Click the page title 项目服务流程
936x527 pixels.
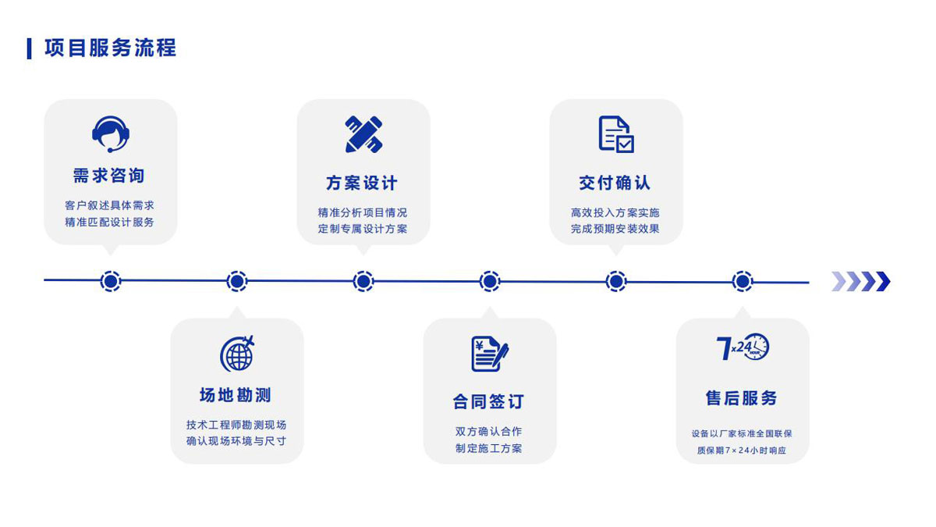(x=110, y=48)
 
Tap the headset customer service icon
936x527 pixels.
(x=111, y=134)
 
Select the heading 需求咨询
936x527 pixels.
(x=109, y=176)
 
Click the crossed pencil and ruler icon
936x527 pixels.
(x=363, y=134)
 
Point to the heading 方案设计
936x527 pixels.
(x=362, y=183)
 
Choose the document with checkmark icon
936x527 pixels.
(x=616, y=134)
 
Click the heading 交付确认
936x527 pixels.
(x=615, y=183)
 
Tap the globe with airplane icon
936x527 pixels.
(x=237, y=354)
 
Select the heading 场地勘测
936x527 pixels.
(x=236, y=395)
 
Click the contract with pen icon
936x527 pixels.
(x=490, y=354)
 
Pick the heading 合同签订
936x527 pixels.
(x=488, y=401)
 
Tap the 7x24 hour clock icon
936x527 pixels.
(x=743, y=347)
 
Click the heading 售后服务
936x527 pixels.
(x=741, y=397)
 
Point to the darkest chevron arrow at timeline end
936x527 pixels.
(x=883, y=281)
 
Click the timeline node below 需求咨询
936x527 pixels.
(x=111, y=281)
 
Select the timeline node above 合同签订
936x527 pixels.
(x=490, y=281)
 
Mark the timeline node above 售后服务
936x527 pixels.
(x=743, y=281)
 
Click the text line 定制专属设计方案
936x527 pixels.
(x=363, y=229)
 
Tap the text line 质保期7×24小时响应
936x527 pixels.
(x=742, y=450)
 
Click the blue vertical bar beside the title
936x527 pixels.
(x=30, y=48)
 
